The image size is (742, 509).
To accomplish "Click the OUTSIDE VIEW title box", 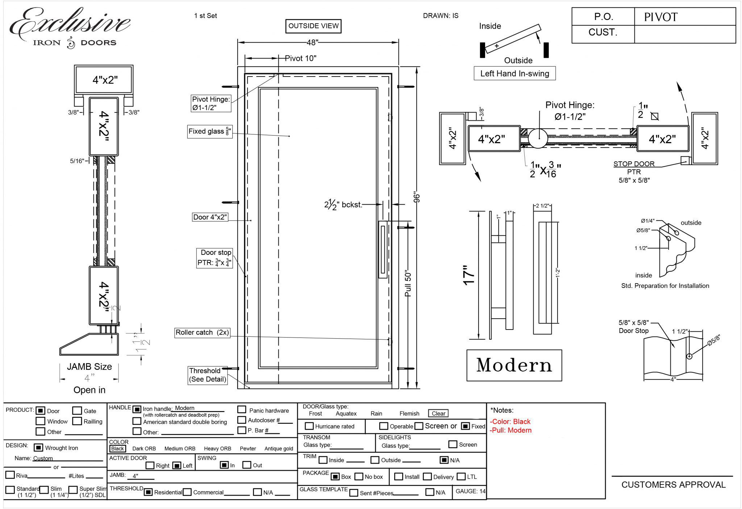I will click(x=313, y=26).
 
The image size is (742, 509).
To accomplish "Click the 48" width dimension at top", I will click(x=312, y=42).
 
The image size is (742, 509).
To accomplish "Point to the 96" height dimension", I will click(x=417, y=198).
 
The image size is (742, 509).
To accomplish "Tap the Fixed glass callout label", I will click(x=209, y=131).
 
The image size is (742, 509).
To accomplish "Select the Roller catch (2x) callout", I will click(x=202, y=332).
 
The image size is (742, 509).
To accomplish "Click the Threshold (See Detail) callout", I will click(x=208, y=375).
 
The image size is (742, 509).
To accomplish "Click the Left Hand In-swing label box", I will click(x=514, y=74).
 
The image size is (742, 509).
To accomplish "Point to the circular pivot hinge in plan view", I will click(x=538, y=138).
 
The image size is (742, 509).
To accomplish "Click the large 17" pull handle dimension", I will click(x=469, y=275).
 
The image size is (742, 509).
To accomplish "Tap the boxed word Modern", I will click(x=514, y=365).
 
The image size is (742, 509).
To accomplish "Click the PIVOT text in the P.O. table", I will click(x=660, y=17).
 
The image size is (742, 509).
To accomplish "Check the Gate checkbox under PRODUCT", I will click(x=77, y=410).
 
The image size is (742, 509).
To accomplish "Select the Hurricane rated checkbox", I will click(x=309, y=426).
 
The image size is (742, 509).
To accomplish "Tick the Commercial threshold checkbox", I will click(x=187, y=492).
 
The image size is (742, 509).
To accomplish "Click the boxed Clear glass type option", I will click(x=438, y=413).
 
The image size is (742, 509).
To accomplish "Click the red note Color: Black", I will click(x=510, y=422).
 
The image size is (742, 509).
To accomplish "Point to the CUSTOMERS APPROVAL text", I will click(x=673, y=485).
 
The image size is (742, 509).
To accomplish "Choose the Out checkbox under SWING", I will click(x=247, y=465).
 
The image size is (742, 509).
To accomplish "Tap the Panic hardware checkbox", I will click(x=242, y=410).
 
